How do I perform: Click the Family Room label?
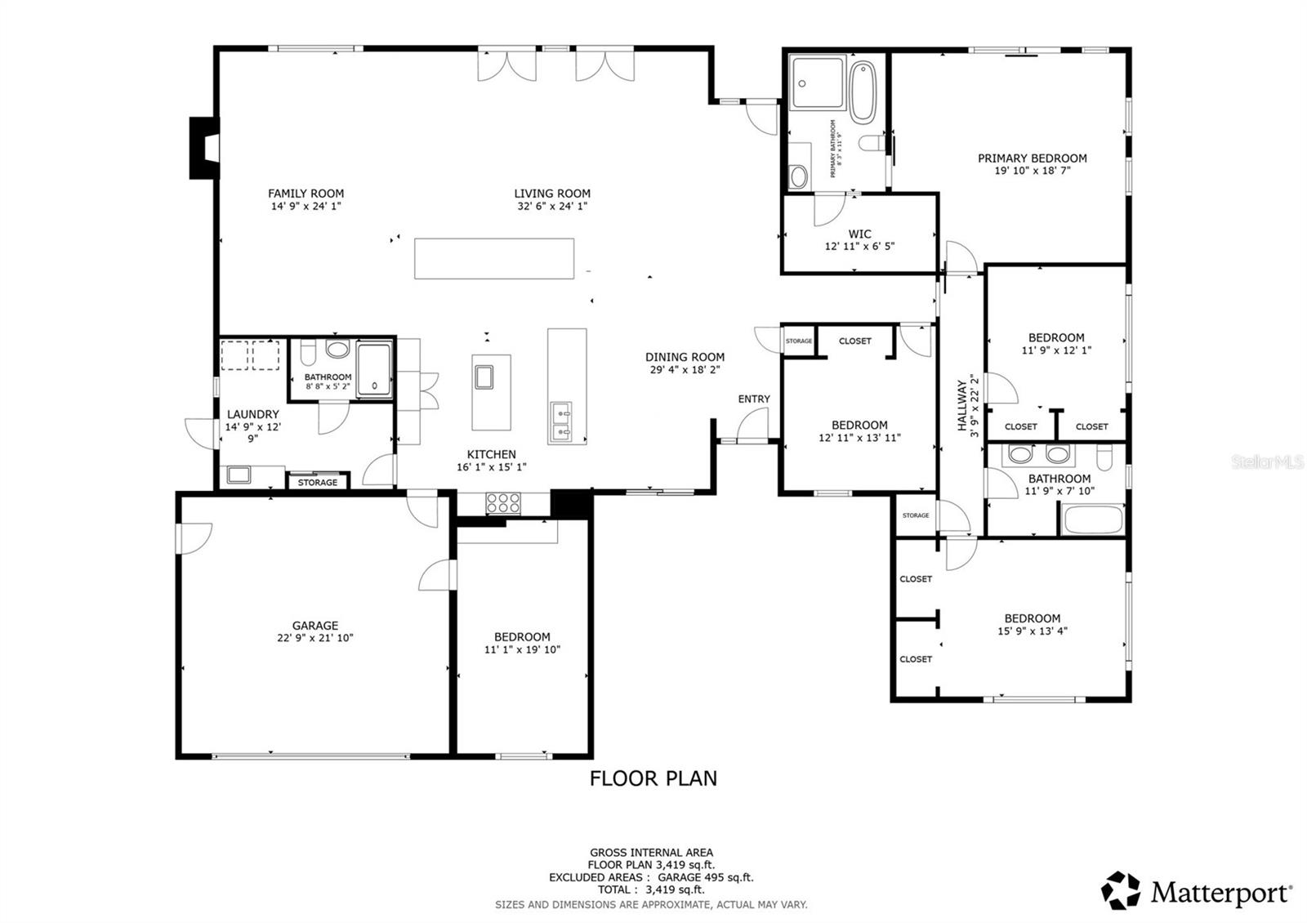coord(306,194)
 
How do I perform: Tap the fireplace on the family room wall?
coord(204,148)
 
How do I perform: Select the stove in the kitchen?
coord(503,503)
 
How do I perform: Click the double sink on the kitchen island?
coord(563,421)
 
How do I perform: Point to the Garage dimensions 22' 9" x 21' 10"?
coord(314,638)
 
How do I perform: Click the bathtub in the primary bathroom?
coord(862,92)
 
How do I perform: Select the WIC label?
coord(859,234)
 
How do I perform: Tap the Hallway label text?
coord(962,405)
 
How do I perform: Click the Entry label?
coord(753,399)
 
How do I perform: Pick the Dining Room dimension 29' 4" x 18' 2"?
coord(685,370)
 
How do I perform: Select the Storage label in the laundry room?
coord(317,483)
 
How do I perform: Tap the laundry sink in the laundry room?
coord(239,475)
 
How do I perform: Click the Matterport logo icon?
coord(1121,890)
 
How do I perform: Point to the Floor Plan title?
coord(653,778)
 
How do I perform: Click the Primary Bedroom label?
coord(1032,158)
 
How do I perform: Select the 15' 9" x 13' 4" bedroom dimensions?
coord(1032,631)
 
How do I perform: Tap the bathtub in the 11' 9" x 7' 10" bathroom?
coord(1091,519)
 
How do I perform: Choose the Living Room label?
coord(551,194)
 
